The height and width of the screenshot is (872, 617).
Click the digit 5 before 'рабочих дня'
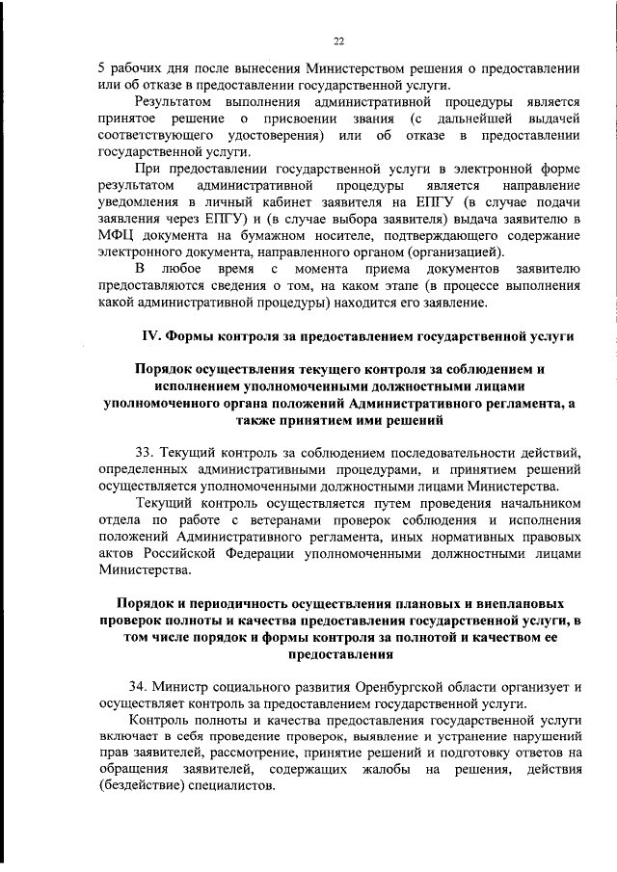pos(102,68)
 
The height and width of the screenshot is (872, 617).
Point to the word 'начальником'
pos(537,503)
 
